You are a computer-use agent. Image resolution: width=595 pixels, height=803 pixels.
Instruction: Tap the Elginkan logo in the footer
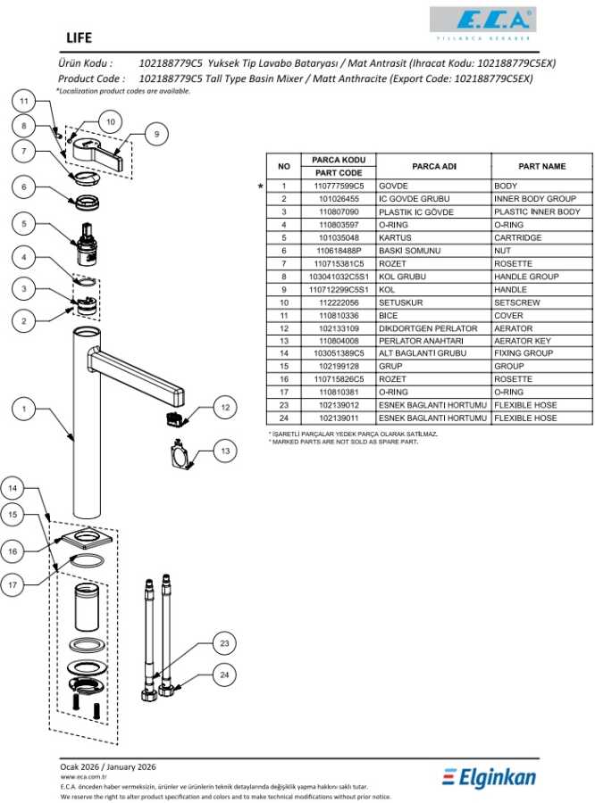coord(490,777)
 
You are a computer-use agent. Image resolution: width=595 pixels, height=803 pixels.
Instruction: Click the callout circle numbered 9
coord(155,134)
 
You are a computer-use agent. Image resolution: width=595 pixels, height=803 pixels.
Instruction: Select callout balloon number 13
coord(225,452)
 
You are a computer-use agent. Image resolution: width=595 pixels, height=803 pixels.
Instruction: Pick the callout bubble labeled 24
coord(225,675)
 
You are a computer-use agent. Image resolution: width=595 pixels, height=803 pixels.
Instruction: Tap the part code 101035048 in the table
coord(339,238)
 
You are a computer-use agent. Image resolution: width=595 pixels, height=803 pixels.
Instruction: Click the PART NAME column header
coord(542,166)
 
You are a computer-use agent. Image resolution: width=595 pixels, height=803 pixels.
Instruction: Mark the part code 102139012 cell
coord(339,405)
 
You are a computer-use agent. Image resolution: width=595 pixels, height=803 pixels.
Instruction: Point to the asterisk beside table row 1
coord(260,186)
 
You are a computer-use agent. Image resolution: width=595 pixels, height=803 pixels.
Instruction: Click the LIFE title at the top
coord(80,38)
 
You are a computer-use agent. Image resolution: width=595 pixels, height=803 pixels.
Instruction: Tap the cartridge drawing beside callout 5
coord(88,244)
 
